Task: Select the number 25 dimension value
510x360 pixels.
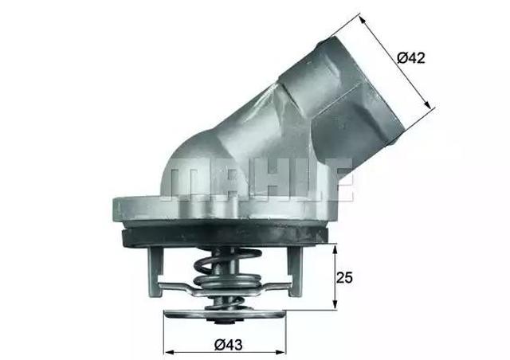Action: (x=345, y=278)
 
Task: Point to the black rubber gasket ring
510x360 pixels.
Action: (x=223, y=237)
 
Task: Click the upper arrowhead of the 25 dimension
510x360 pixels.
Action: (x=335, y=248)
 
